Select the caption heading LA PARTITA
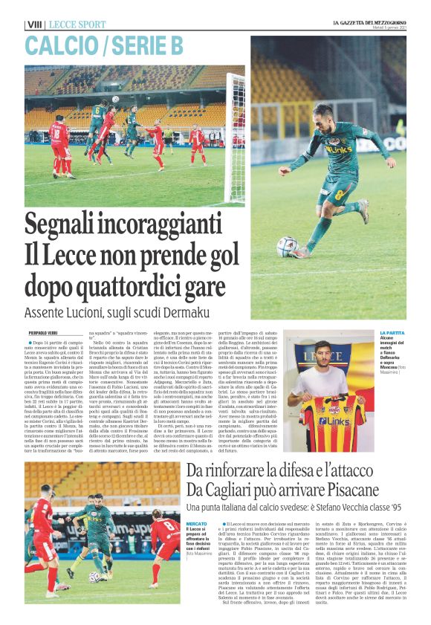(x=392, y=333)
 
